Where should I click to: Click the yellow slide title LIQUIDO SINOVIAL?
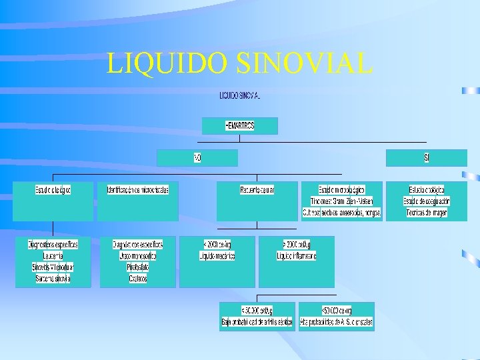pyautogui.click(x=239, y=63)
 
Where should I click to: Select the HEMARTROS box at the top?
pyautogui.click(x=240, y=125)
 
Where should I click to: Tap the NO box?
pyautogui.click(x=197, y=158)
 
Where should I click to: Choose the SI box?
pyautogui.click(x=427, y=158)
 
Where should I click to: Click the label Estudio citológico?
pyautogui.click(x=53, y=190)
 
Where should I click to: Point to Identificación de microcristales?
pyautogui.click(x=138, y=190)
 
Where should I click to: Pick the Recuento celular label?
pyautogui.click(x=257, y=190)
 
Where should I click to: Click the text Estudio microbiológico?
pyautogui.click(x=342, y=190)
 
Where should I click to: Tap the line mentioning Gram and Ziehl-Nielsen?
pyautogui.click(x=342, y=201)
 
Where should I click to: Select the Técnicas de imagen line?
pyautogui.click(x=427, y=213)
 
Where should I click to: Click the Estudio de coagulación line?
pyautogui.click(x=427, y=201)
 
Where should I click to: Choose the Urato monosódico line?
pyautogui.click(x=138, y=256)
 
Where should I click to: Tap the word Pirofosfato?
pyautogui.click(x=138, y=267)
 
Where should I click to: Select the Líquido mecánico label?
pyautogui.click(x=217, y=256)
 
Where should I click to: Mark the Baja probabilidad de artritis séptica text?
pyautogui.click(x=257, y=322)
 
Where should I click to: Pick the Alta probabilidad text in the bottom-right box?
pyautogui.click(x=337, y=322)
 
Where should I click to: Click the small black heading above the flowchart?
pyautogui.click(x=240, y=96)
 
